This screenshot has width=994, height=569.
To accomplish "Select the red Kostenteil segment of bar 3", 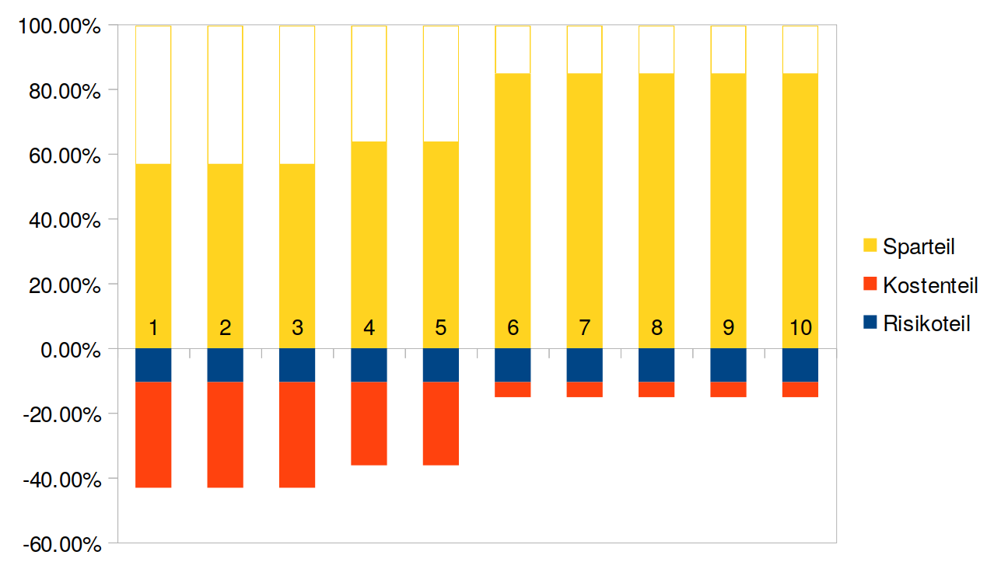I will pyautogui.click(x=297, y=435).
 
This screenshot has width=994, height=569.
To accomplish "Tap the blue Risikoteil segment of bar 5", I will pyautogui.click(x=441, y=365).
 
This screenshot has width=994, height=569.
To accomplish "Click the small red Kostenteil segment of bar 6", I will pyautogui.click(x=513, y=389).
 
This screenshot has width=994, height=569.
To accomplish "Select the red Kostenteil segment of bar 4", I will pyautogui.click(x=369, y=424).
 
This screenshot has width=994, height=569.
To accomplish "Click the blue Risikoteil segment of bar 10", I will pyautogui.click(x=800, y=365).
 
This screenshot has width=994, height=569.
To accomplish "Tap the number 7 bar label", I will pyautogui.click(x=584, y=328).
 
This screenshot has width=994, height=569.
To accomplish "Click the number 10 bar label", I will pyautogui.click(x=800, y=328).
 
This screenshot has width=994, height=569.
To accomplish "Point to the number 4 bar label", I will pyautogui.click(x=369, y=328).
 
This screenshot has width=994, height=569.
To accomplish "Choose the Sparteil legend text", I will pyautogui.click(x=919, y=247).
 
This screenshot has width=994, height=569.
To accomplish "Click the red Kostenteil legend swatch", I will pyautogui.click(x=870, y=284).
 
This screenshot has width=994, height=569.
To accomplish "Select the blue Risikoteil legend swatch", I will pyautogui.click(x=870, y=323).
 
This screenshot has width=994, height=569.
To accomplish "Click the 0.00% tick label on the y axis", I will pyautogui.click(x=71, y=350).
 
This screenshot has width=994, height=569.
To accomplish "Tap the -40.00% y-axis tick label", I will pyautogui.click(x=65, y=479).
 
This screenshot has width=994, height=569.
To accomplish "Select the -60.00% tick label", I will pyautogui.click(x=65, y=543).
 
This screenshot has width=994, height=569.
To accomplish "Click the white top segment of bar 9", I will pyautogui.click(x=728, y=50).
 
